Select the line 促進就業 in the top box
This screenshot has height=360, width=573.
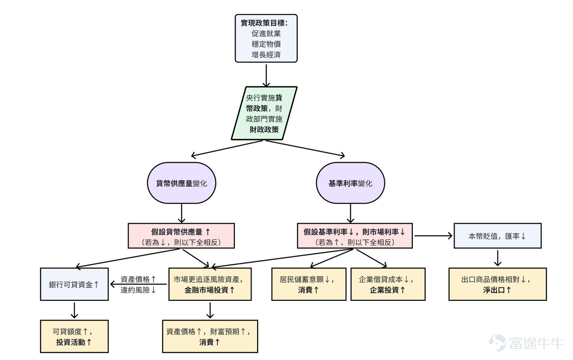[266, 34]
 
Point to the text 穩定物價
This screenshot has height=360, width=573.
[266, 44]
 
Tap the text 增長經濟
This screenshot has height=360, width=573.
[266, 54]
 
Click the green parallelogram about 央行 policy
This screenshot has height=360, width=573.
[264, 113]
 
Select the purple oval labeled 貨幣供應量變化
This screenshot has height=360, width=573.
[181, 183]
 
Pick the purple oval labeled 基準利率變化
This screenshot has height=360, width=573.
[350, 183]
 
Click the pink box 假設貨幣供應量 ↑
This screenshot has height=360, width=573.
[181, 236]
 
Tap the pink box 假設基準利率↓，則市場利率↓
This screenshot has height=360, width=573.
[355, 236]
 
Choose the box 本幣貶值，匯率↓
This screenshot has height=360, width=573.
[498, 236]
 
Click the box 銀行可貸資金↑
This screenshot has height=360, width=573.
[74, 284]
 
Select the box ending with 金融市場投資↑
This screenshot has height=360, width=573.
[210, 284]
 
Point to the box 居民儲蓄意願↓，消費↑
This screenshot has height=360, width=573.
[309, 284]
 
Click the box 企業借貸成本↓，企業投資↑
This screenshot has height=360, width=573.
[388, 284]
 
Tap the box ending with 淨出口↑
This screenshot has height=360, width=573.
[498, 284]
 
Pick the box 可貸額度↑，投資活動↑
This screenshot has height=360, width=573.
[74, 336]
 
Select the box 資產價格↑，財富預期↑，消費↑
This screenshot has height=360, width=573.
[210, 336]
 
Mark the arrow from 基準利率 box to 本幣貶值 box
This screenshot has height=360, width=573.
[433, 236]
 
